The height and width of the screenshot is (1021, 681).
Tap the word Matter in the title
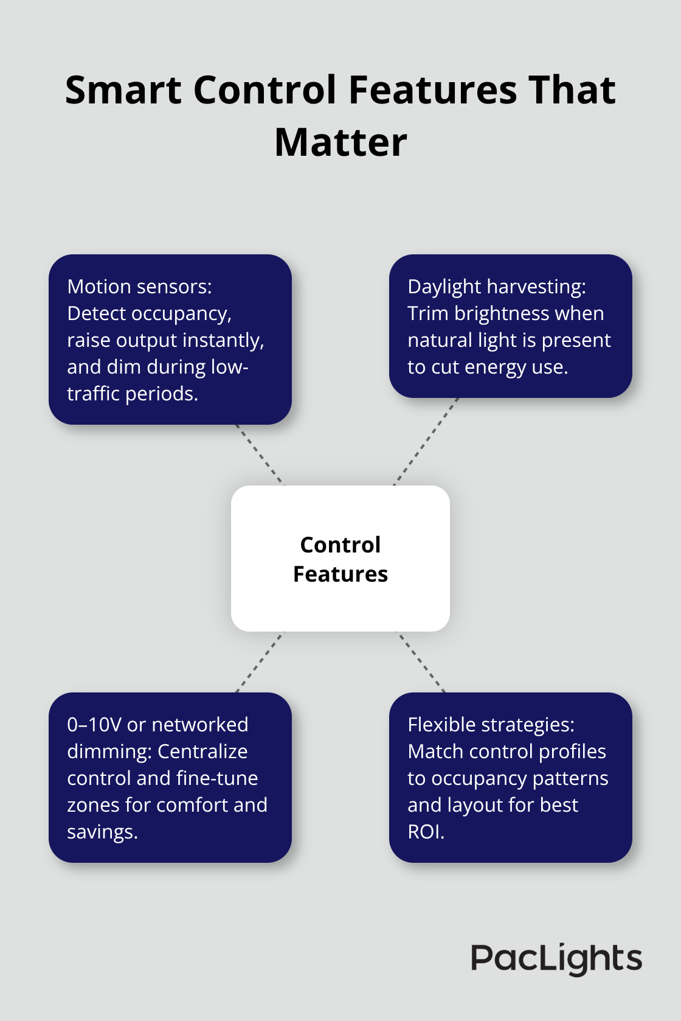(340, 143)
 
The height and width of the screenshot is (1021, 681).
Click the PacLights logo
(556, 959)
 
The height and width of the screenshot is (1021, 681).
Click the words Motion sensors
(139, 287)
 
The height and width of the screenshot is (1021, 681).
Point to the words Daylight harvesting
(496, 287)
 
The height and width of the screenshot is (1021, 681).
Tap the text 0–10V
(94, 725)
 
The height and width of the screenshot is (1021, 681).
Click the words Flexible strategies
(491, 725)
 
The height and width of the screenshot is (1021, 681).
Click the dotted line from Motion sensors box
(260, 455)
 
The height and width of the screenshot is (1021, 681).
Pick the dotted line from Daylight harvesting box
(426, 442)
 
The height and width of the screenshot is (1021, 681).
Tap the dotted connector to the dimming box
(260, 662)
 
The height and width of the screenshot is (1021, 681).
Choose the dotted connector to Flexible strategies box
(421, 662)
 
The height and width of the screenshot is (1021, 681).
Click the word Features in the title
(433, 91)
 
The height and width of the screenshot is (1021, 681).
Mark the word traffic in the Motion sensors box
(92, 394)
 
